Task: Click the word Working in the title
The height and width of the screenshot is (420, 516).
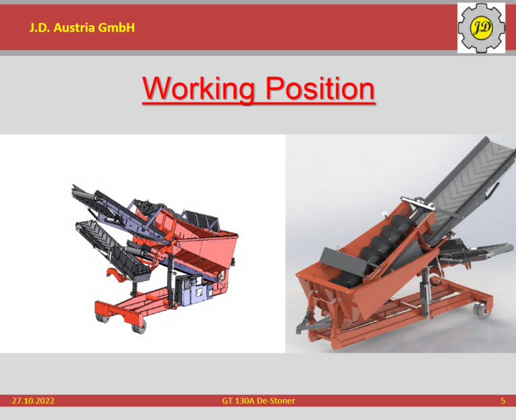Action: click(x=199, y=89)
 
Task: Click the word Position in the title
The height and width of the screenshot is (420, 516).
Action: click(x=320, y=89)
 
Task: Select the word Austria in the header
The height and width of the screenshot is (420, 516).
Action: click(x=75, y=28)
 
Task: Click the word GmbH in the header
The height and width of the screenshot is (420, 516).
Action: click(x=116, y=28)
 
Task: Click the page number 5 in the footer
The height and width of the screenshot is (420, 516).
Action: click(x=502, y=401)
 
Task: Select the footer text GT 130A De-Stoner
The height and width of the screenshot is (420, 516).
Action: click(x=258, y=401)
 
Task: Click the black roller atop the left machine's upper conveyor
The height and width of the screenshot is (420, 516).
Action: click(x=84, y=194)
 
